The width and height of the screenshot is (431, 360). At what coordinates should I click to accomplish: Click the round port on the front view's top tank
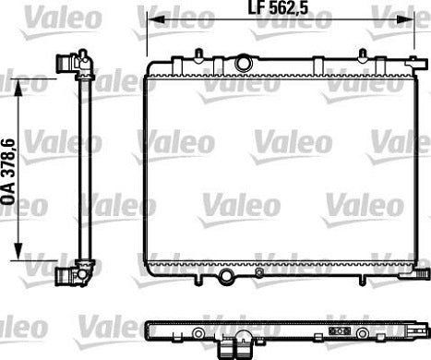[x=245, y=63]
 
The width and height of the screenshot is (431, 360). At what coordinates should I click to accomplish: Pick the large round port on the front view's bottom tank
[x=227, y=276]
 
